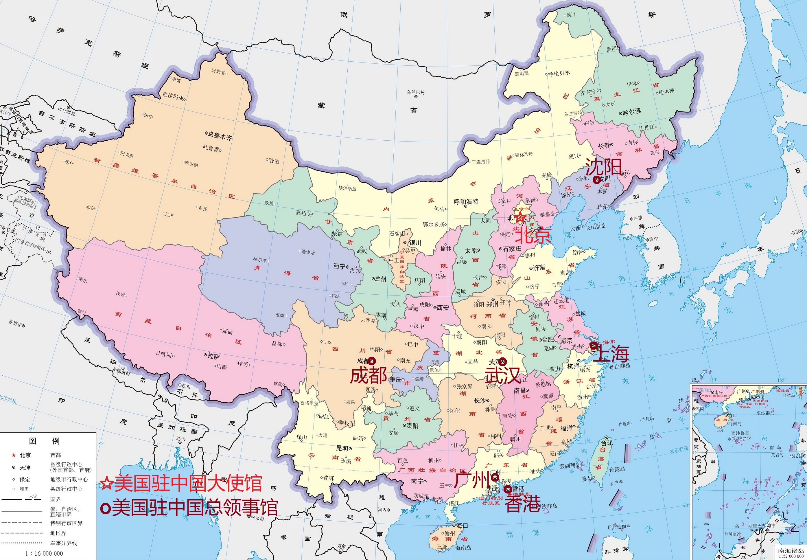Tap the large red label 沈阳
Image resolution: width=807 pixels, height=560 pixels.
603,167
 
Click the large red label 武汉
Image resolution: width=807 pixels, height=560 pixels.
502,376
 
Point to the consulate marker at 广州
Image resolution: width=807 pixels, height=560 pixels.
495,477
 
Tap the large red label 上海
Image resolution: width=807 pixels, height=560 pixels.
611,354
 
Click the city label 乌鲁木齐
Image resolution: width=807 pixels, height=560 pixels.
220,136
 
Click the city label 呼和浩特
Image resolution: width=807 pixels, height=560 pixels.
466,202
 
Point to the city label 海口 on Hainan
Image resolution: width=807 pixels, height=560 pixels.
462,525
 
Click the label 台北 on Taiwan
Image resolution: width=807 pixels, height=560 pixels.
607,443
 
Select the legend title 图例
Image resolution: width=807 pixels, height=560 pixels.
44,441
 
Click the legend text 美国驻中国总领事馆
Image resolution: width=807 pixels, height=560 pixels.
195,508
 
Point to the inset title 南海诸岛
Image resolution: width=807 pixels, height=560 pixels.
790,551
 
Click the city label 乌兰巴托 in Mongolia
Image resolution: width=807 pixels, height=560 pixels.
416,92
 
